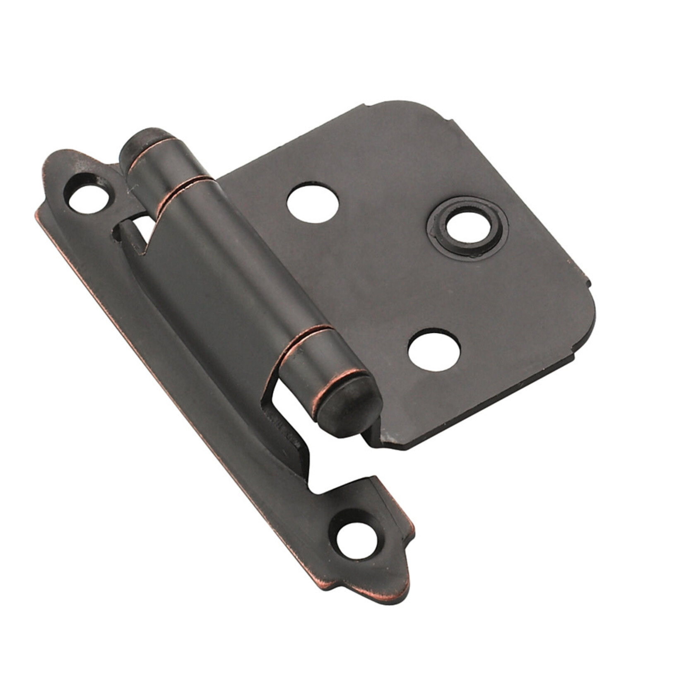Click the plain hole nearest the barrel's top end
point(313,204)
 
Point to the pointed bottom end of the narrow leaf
point(397,588)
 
